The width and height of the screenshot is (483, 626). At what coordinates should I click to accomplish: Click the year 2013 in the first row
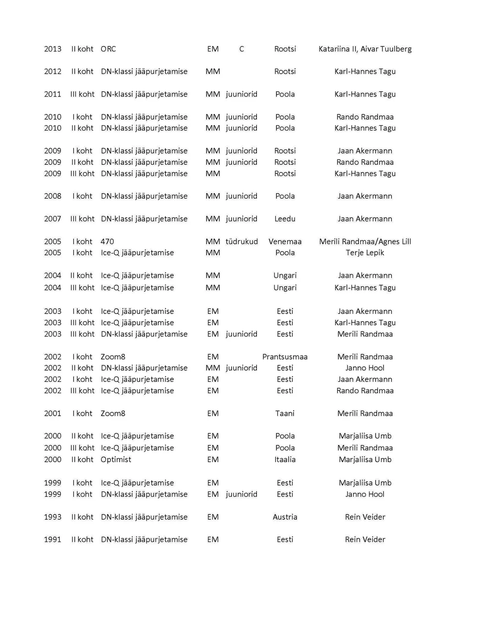click(x=53, y=49)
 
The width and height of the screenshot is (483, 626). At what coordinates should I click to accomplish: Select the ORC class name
click(x=108, y=49)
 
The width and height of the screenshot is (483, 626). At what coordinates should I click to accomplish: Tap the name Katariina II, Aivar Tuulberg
click(x=365, y=49)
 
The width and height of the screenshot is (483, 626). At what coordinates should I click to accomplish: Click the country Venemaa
click(x=285, y=242)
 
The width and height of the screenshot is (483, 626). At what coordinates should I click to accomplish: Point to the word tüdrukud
click(x=242, y=242)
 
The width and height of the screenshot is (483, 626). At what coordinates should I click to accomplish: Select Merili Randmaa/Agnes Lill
click(x=365, y=242)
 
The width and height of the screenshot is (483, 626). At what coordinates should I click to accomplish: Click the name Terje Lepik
click(x=365, y=253)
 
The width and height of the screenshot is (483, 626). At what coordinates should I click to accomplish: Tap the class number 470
click(x=107, y=242)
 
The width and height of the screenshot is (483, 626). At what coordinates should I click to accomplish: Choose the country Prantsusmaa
click(x=285, y=357)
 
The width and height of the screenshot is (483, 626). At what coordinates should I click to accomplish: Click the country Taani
click(x=285, y=414)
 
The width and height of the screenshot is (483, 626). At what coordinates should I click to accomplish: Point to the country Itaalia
click(x=285, y=460)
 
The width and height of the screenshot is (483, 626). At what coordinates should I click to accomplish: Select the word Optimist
click(x=116, y=460)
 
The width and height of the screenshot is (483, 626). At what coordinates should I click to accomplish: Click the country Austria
click(x=285, y=517)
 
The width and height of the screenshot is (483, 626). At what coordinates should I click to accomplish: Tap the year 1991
click(x=53, y=540)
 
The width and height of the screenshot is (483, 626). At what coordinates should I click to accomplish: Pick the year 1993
click(x=53, y=517)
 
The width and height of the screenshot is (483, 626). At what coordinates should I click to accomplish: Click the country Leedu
click(x=285, y=219)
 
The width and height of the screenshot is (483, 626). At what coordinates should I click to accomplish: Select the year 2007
click(x=53, y=219)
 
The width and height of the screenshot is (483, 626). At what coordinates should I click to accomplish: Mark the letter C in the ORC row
click(x=241, y=49)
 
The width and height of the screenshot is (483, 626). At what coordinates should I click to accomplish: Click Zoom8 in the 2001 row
click(x=113, y=414)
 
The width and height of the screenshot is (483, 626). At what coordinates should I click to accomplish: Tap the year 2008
click(x=53, y=196)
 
